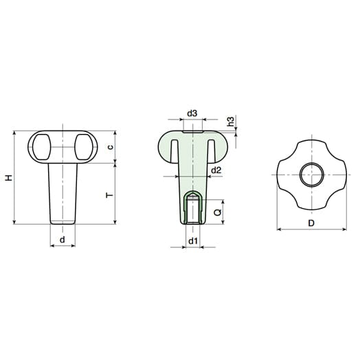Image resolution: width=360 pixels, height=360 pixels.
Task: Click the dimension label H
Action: [8, 177]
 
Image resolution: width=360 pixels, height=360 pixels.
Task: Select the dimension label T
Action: [109, 195]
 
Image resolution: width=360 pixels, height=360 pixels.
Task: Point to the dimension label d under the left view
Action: [63, 239]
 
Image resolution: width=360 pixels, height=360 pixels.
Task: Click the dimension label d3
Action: [192, 113]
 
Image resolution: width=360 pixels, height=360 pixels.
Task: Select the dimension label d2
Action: [216, 170]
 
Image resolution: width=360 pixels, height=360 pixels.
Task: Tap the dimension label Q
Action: [217, 212]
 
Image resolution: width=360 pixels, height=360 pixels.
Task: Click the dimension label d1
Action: [193, 241]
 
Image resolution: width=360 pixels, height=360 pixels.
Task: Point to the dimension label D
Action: [311, 223]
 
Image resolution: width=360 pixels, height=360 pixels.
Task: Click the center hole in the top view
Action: [311, 175]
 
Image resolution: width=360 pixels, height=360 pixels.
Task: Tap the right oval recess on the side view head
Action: [85, 146]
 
